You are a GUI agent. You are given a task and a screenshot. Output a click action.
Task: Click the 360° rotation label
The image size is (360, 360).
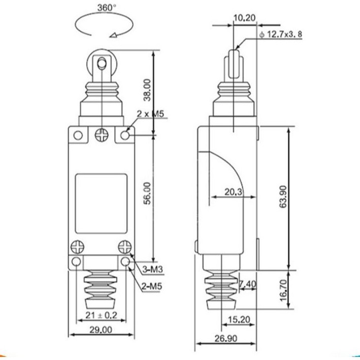(x=107, y=8)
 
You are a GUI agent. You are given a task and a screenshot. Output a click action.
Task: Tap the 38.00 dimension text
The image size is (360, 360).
(x=147, y=90)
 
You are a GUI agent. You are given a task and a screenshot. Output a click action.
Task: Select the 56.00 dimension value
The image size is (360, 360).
(x=147, y=193)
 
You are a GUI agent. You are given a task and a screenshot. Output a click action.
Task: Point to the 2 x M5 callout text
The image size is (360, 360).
(x=150, y=114)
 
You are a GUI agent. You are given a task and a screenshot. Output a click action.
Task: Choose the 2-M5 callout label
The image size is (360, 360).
(x=152, y=286)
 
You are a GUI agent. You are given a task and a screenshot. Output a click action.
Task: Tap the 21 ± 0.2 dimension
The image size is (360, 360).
(x=101, y=315)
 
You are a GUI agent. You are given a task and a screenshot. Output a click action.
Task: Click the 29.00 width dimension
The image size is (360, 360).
(x=101, y=330)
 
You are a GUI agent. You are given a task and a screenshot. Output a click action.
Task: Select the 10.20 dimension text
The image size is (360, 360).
(x=245, y=18)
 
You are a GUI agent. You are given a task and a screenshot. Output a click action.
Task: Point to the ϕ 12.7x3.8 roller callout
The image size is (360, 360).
(x=281, y=35)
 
